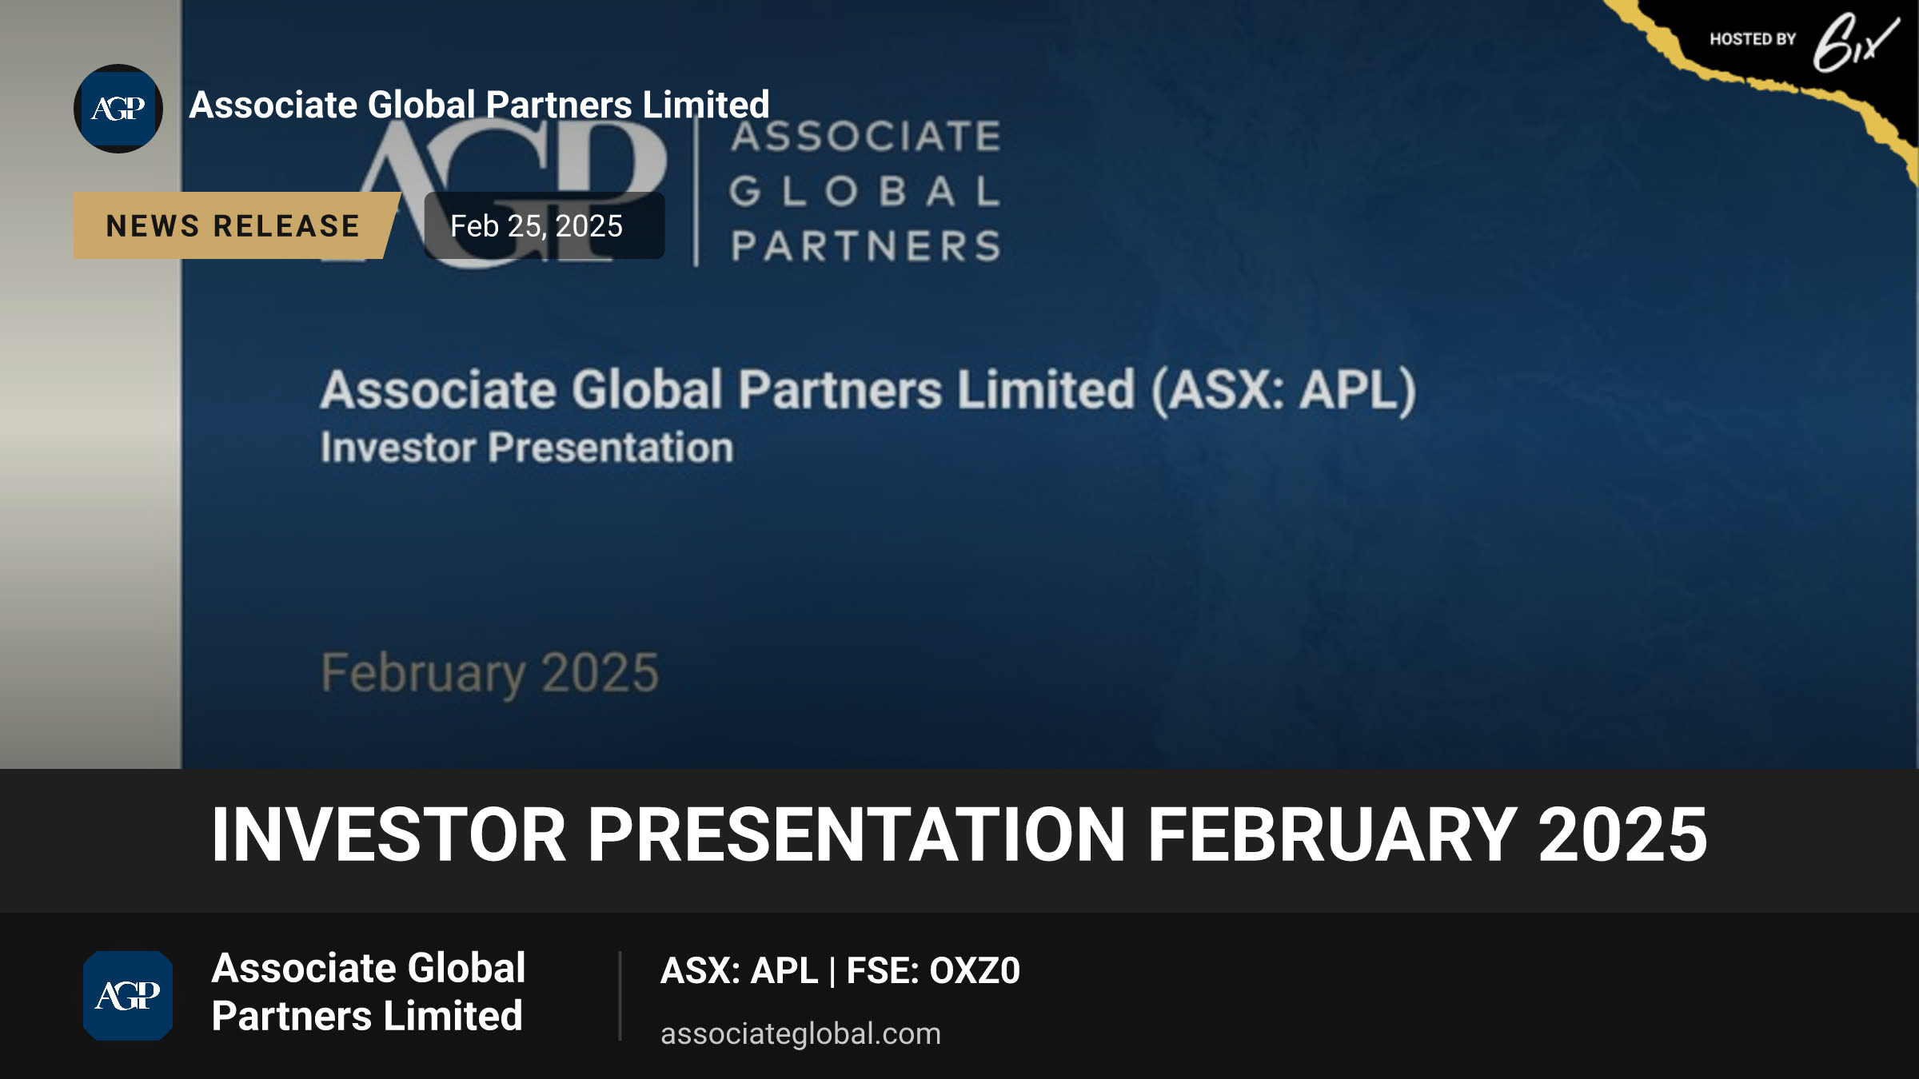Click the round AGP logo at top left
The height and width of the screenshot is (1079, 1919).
(x=118, y=109)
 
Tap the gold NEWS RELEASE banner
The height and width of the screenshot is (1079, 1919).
(x=236, y=225)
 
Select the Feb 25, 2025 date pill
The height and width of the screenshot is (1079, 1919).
(x=544, y=225)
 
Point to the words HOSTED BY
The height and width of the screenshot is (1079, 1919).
(x=1753, y=39)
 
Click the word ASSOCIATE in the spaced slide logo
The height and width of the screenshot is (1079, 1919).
(x=866, y=136)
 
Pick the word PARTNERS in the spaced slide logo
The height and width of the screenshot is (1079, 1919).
(x=866, y=246)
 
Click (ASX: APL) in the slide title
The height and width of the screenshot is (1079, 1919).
(x=1283, y=391)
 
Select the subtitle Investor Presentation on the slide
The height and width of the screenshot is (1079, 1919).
(x=527, y=448)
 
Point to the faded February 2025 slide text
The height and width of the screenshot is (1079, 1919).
(x=490, y=673)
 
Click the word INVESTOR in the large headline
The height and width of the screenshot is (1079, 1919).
(x=389, y=834)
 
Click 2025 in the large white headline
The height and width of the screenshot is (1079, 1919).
(x=1622, y=834)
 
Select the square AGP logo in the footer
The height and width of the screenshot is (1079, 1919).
(x=128, y=996)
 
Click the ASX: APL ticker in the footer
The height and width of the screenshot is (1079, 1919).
(x=739, y=971)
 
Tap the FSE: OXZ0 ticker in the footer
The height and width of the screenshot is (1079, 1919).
(x=933, y=971)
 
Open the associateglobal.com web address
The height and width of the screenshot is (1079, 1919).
(x=800, y=1034)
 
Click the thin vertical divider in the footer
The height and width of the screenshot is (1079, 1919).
(x=620, y=996)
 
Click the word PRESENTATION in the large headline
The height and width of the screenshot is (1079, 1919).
(x=857, y=834)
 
